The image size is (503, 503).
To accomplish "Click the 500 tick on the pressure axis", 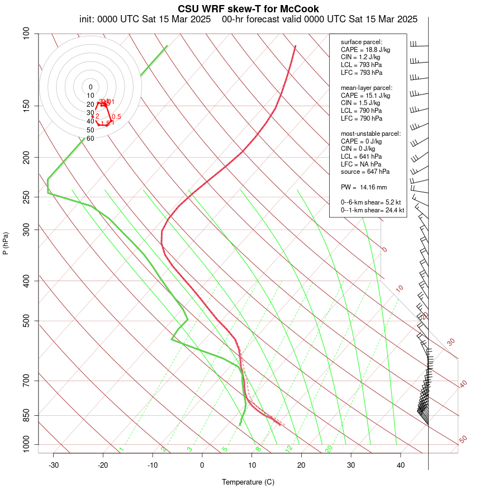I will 26,321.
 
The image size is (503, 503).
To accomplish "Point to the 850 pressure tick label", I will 26,415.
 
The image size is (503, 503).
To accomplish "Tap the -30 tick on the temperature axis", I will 54,464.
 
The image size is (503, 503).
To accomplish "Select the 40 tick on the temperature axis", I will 401,464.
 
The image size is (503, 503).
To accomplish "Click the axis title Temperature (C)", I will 248,482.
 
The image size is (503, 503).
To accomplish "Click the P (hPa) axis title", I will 6,243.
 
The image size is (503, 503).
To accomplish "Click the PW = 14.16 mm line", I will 364,187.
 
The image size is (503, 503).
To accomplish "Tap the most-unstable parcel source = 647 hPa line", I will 366,172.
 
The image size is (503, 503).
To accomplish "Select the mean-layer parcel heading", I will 367,88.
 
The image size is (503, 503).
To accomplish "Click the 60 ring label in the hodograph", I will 90,138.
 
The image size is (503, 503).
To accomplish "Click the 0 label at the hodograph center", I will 91,87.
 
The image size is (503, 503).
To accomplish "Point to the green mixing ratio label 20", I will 329,449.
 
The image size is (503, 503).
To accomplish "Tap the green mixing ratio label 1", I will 121,449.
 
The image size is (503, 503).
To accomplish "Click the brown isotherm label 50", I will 463,440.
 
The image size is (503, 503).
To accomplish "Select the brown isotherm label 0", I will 385,250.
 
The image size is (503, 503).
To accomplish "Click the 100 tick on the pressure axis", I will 26,34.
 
